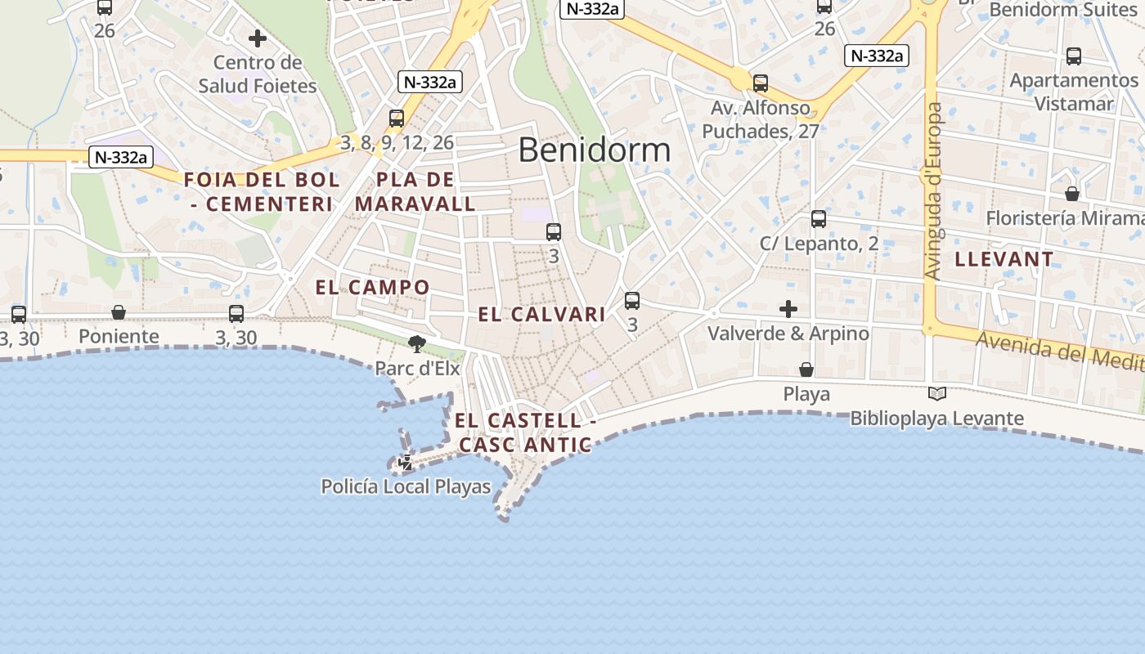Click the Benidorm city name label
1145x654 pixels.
point(594,150)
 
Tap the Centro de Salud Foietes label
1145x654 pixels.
point(258,74)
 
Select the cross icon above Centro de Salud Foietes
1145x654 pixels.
point(258,38)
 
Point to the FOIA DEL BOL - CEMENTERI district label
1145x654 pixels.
point(262,192)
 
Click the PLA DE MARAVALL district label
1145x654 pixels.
point(415,192)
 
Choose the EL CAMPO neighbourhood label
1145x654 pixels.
point(372,288)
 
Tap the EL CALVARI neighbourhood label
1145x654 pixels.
point(541,315)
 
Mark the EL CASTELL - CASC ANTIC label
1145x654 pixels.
point(525,433)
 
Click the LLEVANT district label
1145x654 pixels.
point(1004,260)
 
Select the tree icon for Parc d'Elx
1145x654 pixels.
point(417,344)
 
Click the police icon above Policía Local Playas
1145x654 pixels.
point(405,464)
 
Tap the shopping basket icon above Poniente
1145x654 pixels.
point(119,312)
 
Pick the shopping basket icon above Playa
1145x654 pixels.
point(806,370)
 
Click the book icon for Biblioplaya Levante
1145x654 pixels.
point(937,394)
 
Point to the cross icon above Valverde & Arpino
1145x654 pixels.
point(788,309)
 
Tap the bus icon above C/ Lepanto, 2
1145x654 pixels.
point(819,219)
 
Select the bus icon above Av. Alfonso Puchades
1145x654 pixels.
point(761,83)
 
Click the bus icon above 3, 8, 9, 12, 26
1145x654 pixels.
point(397,119)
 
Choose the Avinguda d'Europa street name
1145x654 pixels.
point(933,191)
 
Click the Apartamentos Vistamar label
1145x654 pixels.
point(1073,92)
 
